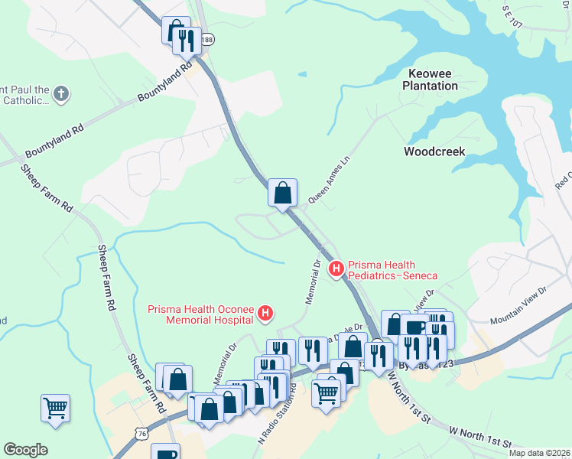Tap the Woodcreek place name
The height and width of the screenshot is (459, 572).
(x=434, y=151)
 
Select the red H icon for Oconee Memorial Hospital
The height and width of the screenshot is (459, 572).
(x=265, y=312)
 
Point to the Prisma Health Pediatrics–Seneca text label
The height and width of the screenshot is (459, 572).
(x=392, y=269)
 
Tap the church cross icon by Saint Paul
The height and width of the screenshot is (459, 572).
(x=61, y=94)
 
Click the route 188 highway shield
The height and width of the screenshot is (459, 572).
(x=208, y=38)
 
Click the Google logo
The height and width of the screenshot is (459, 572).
(x=25, y=450)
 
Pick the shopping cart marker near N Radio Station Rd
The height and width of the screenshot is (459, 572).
(x=326, y=393)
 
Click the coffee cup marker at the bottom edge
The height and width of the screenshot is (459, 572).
(x=165, y=452)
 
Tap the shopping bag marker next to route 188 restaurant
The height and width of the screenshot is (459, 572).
(x=175, y=31)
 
